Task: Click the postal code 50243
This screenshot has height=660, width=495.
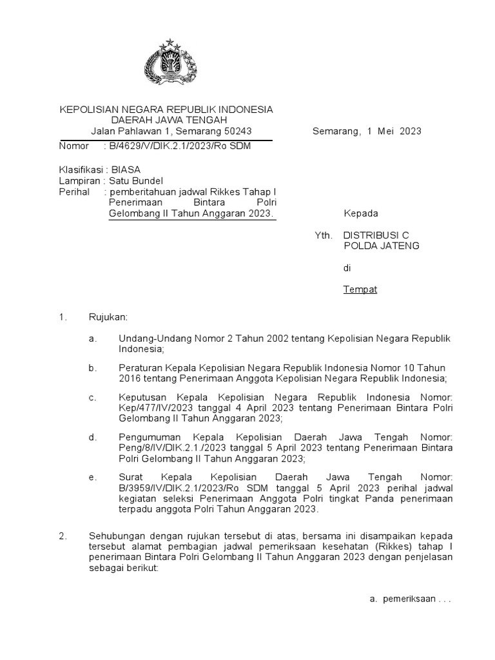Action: (235, 131)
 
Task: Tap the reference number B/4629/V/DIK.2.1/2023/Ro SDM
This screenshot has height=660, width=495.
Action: (180, 146)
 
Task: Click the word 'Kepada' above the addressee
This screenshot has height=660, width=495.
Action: (360, 214)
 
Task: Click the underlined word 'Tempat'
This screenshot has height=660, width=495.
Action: (360, 289)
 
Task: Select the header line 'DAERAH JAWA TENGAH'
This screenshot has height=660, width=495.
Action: (166, 121)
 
